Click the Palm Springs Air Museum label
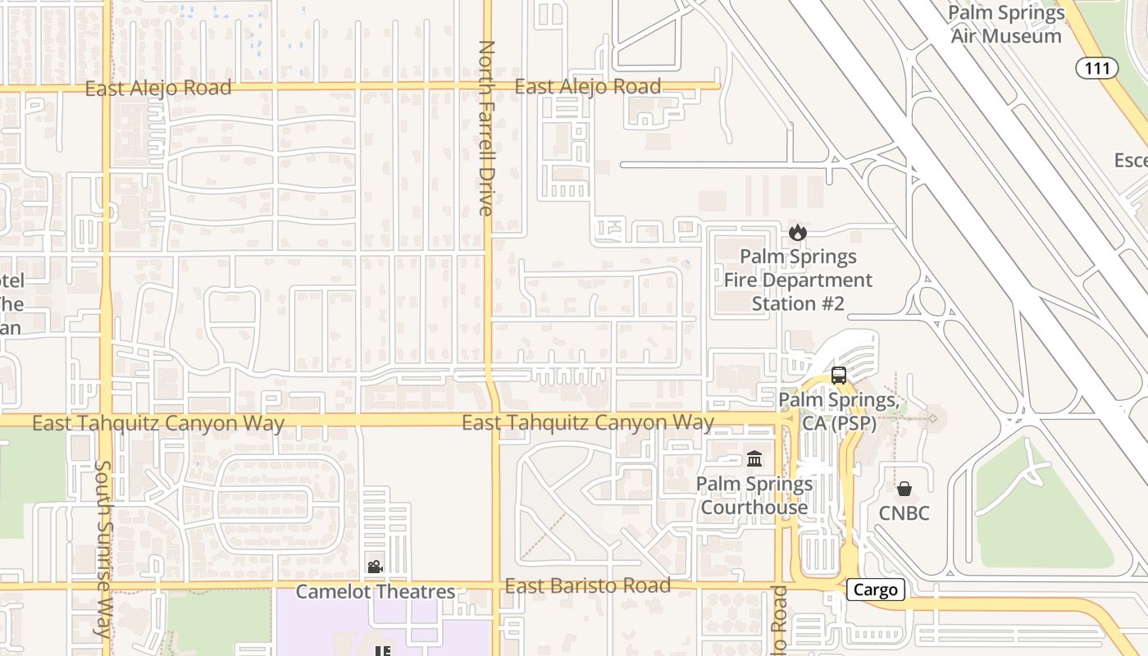pyautogui.click(x=1006, y=25)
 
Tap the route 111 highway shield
pyautogui.click(x=1097, y=68)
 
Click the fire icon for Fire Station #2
pyautogui.click(x=797, y=233)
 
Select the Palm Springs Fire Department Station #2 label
pyautogui.click(x=798, y=280)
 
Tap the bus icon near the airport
pyautogui.click(x=838, y=376)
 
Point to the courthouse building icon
pyautogui.click(x=754, y=459)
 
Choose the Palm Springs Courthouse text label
pyautogui.click(x=754, y=495)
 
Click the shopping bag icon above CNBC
pyautogui.click(x=904, y=490)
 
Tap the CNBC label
pyautogui.click(x=904, y=513)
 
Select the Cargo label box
pyautogui.click(x=876, y=590)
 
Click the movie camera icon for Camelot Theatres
pyautogui.click(x=375, y=567)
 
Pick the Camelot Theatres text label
pyautogui.click(x=375, y=591)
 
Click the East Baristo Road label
pyautogui.click(x=587, y=585)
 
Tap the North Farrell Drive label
pyautogui.click(x=486, y=128)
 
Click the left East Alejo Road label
pyautogui.click(x=158, y=88)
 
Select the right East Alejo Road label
pyautogui.click(x=588, y=86)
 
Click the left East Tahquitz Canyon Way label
pyautogui.click(x=158, y=423)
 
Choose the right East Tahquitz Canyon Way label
pyautogui.click(x=587, y=422)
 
